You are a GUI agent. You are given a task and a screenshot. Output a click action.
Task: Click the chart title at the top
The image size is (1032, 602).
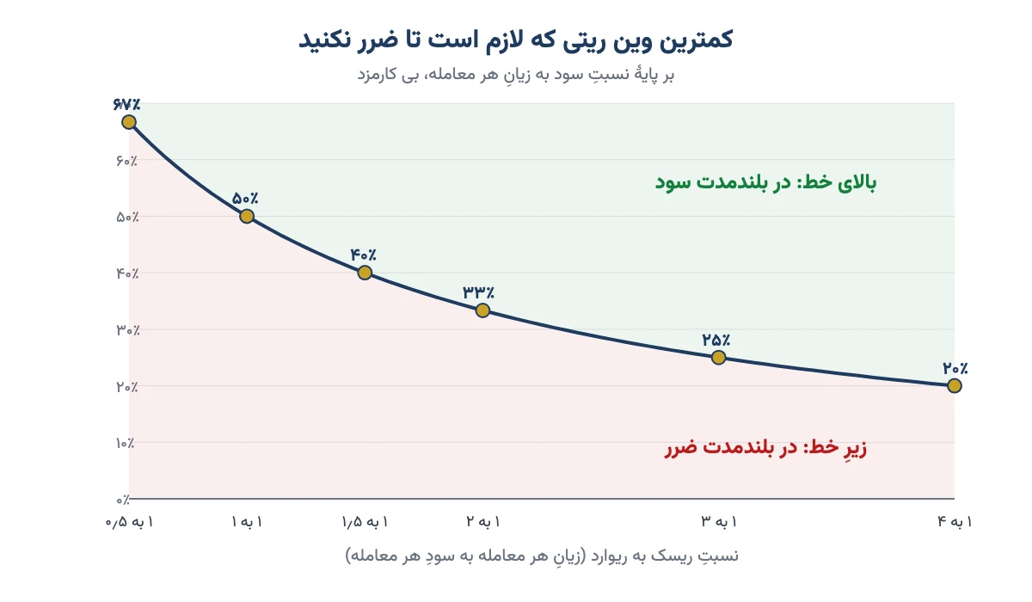coord(515,40)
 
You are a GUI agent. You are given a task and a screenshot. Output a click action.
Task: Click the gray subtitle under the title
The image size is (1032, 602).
coord(515,74)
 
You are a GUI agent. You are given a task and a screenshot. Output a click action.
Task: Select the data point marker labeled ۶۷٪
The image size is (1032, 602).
coord(129,122)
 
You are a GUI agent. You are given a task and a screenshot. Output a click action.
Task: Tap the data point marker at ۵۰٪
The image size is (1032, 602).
coord(247,216)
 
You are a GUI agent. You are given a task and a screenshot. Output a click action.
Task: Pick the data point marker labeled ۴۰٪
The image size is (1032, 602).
coord(365,273)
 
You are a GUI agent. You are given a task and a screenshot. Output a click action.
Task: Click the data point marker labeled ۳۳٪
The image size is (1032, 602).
coord(482,310)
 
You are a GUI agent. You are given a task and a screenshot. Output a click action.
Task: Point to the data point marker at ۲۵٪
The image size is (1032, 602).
coord(718,358)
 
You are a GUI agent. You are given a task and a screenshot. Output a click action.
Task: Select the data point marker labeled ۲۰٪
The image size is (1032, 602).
coord(954,385)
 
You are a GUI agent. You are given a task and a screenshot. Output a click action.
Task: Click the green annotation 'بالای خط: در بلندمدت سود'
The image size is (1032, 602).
coord(765,182)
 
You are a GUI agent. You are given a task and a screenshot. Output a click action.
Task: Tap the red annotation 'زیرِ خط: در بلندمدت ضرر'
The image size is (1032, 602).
coord(765,447)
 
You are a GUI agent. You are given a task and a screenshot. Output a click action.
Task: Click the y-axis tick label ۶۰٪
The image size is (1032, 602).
coord(126,161)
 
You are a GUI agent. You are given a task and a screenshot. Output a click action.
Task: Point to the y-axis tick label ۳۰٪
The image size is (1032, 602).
coord(127,329)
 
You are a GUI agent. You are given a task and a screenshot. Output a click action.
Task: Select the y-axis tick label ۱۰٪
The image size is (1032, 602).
coord(125,443)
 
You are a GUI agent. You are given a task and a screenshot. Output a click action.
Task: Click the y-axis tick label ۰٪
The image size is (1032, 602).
coord(122,500)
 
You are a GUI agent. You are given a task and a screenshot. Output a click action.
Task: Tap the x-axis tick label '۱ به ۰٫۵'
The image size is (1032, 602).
coord(130,522)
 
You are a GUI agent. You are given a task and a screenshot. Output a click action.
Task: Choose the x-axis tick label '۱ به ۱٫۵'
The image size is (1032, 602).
coord(365,522)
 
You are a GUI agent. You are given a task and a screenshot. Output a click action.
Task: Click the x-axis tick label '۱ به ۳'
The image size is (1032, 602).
coord(719,522)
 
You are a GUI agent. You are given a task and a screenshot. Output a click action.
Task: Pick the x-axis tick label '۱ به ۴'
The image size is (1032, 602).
coord(955,522)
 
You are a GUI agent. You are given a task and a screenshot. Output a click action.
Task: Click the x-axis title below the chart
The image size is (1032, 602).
coord(542,556)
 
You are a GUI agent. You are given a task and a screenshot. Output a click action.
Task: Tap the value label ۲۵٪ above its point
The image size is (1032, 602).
coord(716,340)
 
